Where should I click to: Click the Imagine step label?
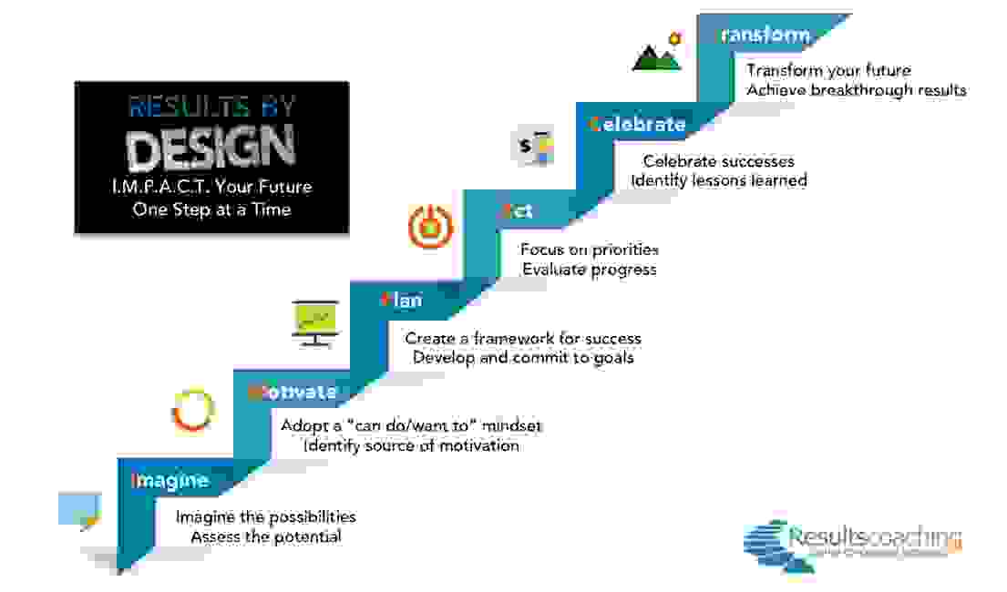click(x=170, y=481)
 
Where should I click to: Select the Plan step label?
click(x=402, y=299)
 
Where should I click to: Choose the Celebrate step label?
click(x=637, y=124)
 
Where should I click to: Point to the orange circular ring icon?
click(x=193, y=411)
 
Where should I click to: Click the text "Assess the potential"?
click(x=266, y=536)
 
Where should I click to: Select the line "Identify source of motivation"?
click(x=411, y=445)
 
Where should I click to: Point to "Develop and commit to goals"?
click(x=523, y=357)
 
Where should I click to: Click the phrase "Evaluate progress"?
click(x=589, y=269)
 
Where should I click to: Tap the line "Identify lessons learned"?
click(x=719, y=180)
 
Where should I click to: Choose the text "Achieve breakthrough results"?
click(x=857, y=90)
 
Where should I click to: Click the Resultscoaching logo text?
click(x=874, y=537)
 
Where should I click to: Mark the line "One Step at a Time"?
click(x=211, y=209)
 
